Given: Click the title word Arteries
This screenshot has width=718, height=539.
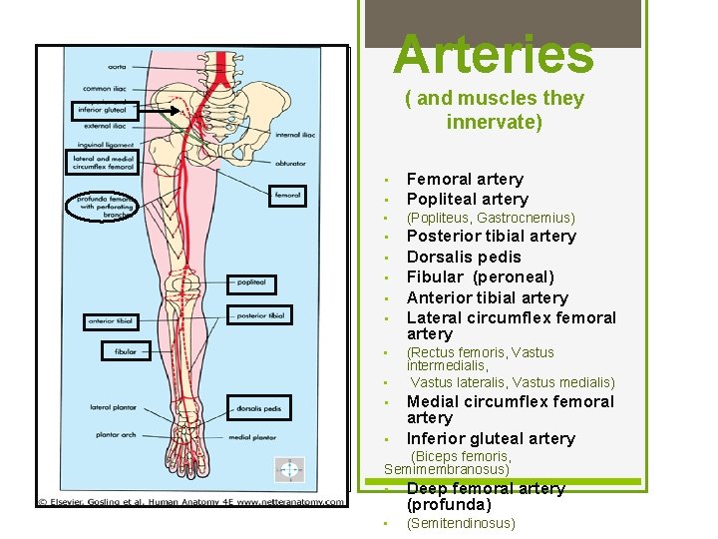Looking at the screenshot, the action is coord(494,54).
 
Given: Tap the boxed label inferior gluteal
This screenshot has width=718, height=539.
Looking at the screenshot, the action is coord(105,111).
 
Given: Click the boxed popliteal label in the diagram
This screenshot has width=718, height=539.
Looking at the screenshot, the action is coord(251,282).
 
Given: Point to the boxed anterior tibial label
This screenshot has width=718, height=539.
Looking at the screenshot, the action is coord(111,321).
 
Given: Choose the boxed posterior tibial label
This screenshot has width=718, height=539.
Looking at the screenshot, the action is coord(262,315).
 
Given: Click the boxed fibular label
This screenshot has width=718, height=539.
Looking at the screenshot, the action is coord(125,351).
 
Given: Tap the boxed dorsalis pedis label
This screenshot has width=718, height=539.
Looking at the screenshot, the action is coord(258,407).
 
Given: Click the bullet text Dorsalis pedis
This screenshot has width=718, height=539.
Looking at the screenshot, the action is coord(464,257).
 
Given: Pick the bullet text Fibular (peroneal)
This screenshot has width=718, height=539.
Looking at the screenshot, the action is coord(480,276).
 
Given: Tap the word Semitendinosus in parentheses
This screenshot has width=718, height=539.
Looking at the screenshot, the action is coord(461,523).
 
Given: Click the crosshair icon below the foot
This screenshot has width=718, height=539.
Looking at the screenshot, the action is coord(289,469).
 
